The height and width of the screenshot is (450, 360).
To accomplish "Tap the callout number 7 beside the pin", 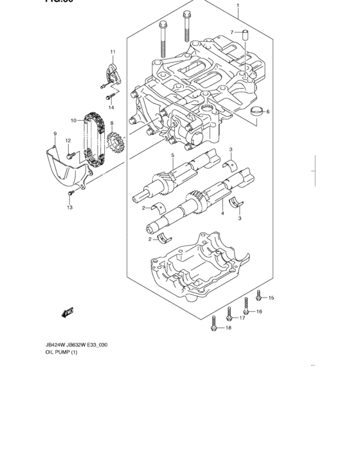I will point(232,32).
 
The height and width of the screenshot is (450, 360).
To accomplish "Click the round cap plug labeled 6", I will point(256,111).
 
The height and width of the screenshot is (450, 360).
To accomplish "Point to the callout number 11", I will point(112,51).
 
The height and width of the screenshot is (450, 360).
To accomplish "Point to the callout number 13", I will point(70,207).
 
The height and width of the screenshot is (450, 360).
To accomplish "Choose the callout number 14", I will point(111,107).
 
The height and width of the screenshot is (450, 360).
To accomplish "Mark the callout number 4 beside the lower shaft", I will point(222,213).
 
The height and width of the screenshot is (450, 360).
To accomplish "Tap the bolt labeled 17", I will point(229,314).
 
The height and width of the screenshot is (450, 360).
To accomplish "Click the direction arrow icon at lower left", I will point(66,312).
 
